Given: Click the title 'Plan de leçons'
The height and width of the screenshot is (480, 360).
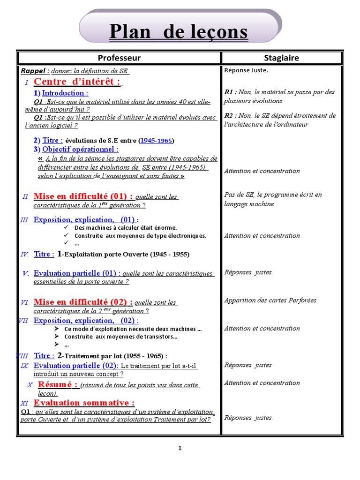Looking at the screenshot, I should coord(178,32).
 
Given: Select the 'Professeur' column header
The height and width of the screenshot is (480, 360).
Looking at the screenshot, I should coord(119,58).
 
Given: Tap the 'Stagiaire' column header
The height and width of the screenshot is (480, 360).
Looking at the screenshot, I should coord(281,58).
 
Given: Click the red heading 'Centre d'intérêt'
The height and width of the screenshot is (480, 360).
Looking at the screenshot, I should coord(77,82).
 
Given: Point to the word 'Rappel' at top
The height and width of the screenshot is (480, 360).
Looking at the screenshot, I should coord(34,71).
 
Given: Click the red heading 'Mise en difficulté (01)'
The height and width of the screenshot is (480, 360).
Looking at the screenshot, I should coord(83,196).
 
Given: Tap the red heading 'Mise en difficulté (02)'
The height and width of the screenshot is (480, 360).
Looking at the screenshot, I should coord(83,302).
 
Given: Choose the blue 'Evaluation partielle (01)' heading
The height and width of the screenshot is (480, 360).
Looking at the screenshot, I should coord(75,273).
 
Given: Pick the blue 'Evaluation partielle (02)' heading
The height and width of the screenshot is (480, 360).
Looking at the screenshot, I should coord(75,366).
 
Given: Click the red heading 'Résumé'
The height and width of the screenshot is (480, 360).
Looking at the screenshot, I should coord(57,384).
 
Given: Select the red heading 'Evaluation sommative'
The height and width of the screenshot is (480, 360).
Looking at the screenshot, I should coord(84,403).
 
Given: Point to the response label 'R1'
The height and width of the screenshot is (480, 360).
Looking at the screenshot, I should coord(230,92).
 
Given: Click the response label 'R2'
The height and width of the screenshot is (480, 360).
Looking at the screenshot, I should coord(230,116).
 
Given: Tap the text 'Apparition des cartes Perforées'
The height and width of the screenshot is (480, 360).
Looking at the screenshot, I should coord(270,300).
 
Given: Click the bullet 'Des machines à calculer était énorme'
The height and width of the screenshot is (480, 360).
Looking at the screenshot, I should coord(126,228).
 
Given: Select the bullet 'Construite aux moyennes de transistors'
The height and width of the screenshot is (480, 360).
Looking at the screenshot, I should coord(121,337).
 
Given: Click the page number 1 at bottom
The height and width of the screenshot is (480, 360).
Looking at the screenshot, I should coord(180,448).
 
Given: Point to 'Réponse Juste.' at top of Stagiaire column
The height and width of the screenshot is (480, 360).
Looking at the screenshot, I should coord(246,71).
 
